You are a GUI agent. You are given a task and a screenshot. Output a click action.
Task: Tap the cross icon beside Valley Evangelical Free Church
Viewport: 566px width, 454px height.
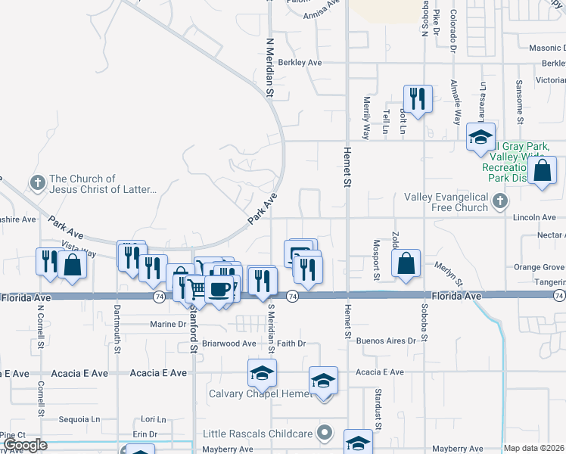pyautogui.click(x=499, y=201)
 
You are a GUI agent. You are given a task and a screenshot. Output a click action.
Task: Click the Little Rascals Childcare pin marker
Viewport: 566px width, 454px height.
pyautogui.click(x=325, y=434)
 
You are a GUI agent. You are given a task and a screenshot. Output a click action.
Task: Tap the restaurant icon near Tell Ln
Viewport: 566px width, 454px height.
pyautogui.click(x=417, y=98)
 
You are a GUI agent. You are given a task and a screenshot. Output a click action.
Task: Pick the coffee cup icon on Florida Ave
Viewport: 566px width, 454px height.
pyautogui.click(x=219, y=289)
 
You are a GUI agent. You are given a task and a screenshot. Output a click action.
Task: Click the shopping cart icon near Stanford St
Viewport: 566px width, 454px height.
pyautogui.click(x=197, y=288)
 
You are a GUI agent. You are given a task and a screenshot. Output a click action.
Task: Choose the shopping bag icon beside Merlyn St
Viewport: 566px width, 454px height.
pyautogui.click(x=406, y=264)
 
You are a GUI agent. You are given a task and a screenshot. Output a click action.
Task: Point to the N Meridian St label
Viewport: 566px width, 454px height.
pyautogui.click(x=269, y=68)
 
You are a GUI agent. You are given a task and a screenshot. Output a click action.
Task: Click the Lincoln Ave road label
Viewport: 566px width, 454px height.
pyautogui.click(x=534, y=218)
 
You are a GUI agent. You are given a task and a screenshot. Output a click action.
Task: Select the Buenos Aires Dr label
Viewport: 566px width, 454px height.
pyautogui.click(x=386, y=341)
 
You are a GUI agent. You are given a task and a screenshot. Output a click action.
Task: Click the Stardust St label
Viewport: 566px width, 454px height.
pyautogui.click(x=377, y=409)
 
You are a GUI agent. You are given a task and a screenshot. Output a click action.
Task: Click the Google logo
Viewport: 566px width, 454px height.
pyautogui.click(x=24, y=445)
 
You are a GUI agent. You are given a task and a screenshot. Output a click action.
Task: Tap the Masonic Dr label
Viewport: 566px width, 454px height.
pyautogui.click(x=546, y=48)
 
